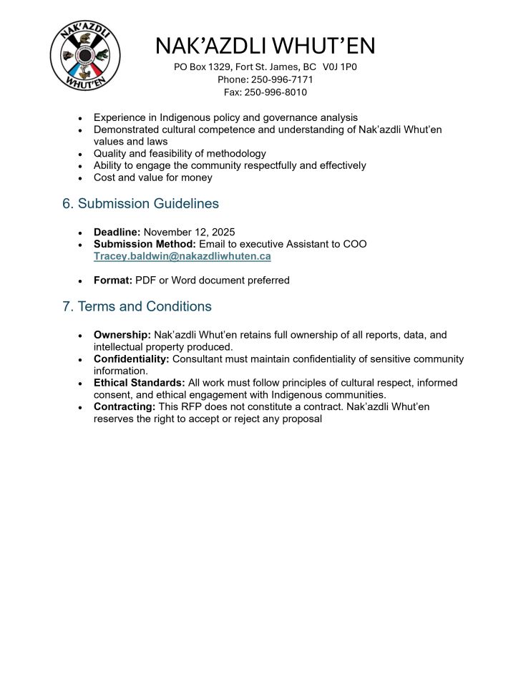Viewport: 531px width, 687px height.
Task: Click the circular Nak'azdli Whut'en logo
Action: [85, 56]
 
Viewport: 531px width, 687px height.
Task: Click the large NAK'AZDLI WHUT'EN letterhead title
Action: [265, 47]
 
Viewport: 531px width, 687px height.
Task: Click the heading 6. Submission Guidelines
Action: [140, 204]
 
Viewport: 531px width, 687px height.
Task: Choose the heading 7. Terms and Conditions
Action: [137, 307]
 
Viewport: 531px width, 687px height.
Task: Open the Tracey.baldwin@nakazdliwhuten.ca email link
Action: [182, 256]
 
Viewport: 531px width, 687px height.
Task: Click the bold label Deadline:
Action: [117, 233]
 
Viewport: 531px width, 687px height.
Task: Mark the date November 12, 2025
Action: [190, 233]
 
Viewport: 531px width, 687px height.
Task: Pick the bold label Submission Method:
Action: [145, 244]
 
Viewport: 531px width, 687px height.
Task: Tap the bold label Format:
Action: [112, 281]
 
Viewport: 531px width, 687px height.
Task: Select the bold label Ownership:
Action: [122, 335]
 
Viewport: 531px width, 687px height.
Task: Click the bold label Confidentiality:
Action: [132, 359]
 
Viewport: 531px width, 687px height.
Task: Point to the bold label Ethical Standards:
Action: [140, 383]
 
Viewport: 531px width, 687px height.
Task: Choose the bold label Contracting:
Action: [125, 406]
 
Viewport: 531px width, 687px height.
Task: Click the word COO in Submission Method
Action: [355, 244]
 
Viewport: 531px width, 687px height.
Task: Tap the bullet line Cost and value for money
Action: [152, 177]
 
